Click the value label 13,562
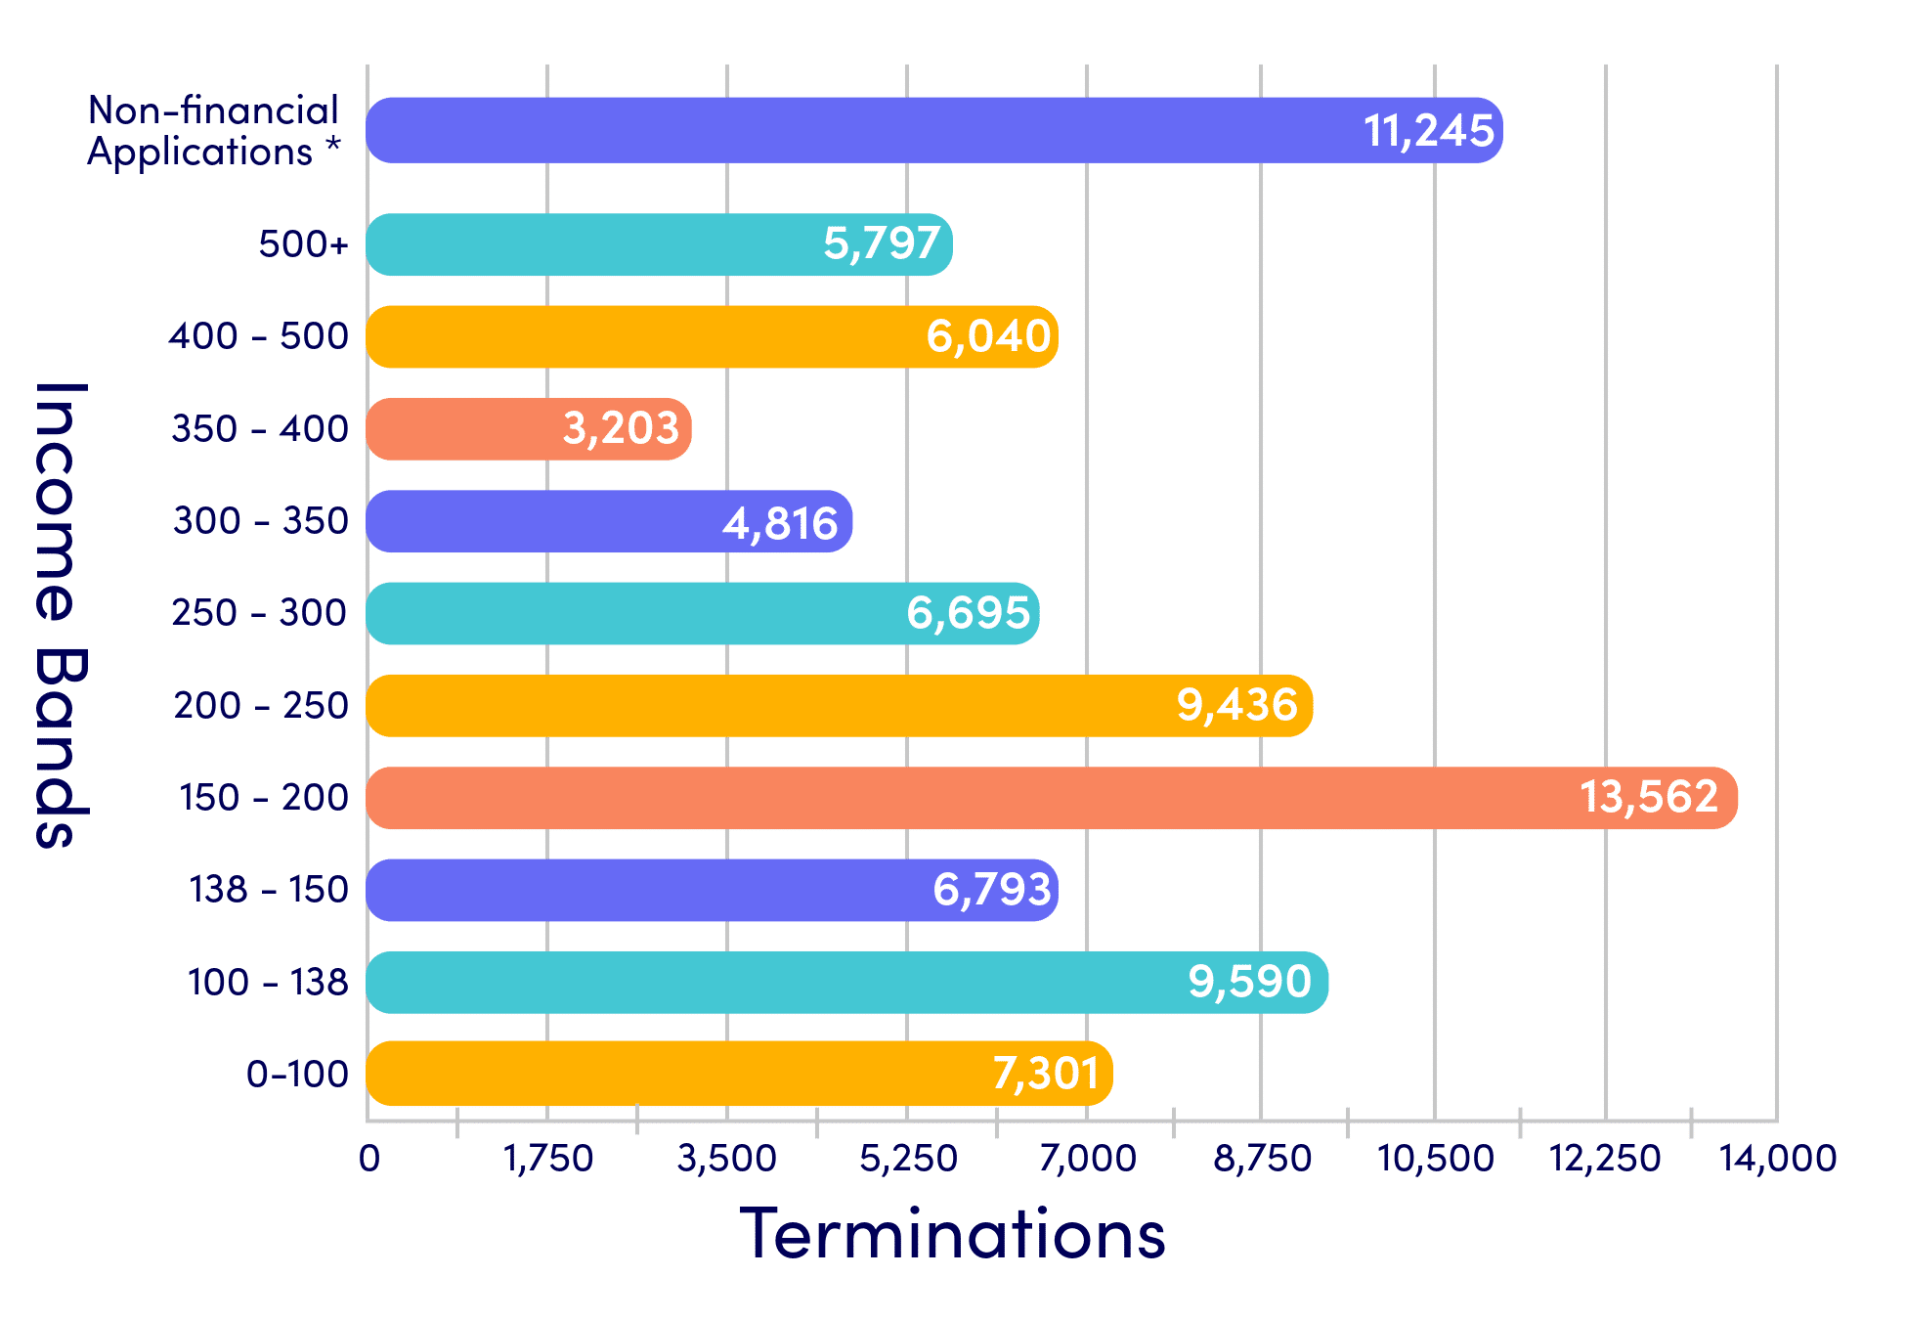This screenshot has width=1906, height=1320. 1649,797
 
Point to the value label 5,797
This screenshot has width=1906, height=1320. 882,243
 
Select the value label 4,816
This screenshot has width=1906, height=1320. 780,523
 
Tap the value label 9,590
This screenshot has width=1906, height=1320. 1249,982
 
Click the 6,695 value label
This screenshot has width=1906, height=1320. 968,614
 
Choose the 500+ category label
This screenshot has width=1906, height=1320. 303,244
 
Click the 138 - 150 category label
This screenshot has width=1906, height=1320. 268,890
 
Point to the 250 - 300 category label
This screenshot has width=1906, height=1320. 259,613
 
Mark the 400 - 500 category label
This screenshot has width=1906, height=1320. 258,336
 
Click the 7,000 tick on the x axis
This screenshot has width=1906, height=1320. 1087,1159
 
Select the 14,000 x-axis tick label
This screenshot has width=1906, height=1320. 1777,1159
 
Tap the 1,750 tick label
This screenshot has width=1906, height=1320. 547,1159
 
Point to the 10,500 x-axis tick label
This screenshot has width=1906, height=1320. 1435,1159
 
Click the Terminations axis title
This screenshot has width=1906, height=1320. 952,1234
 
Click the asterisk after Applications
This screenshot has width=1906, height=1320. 333,147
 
